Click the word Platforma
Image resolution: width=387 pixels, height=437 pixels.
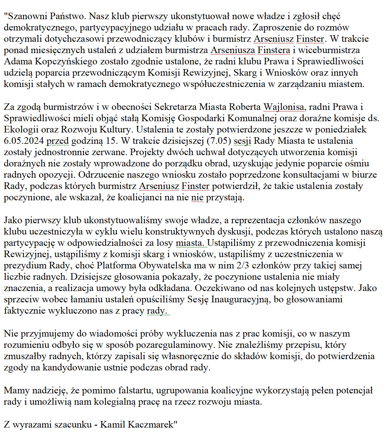(x=117, y=265)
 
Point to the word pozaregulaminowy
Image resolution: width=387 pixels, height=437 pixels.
(x=175, y=345)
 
